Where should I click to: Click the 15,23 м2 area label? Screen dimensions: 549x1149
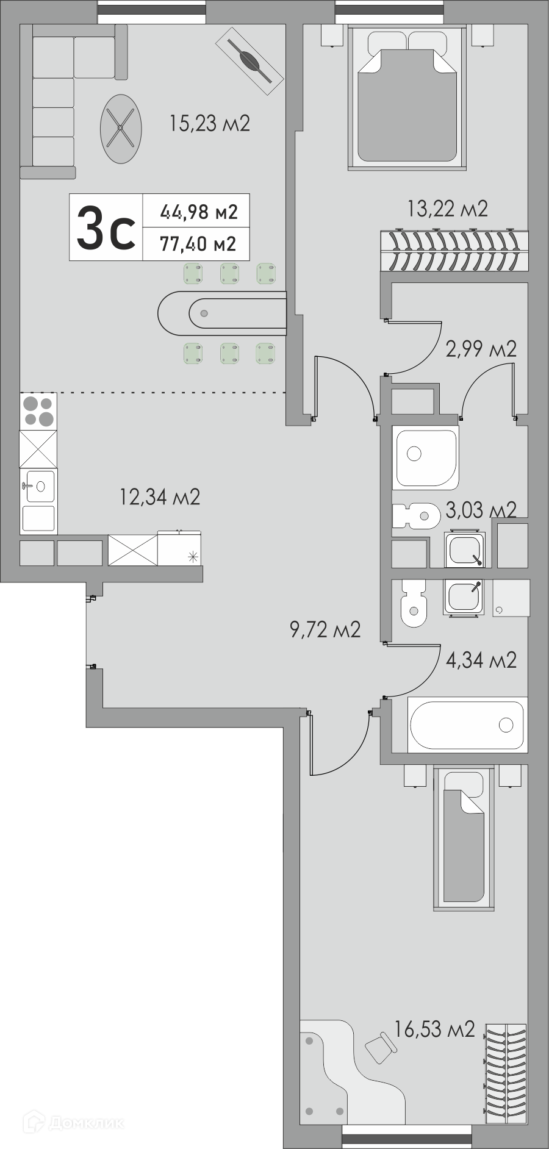pyautogui.click(x=210, y=124)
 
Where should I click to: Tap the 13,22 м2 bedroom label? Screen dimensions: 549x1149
pyautogui.click(x=448, y=209)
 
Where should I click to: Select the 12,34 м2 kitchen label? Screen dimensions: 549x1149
pyautogui.click(x=160, y=497)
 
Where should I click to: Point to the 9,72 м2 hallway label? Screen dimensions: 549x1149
pyautogui.click(x=325, y=629)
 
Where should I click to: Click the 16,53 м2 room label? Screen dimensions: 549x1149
pyautogui.click(x=434, y=1029)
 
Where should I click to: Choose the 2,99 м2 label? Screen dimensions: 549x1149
pyautogui.click(x=481, y=349)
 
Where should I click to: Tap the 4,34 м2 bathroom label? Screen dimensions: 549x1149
pyautogui.click(x=481, y=660)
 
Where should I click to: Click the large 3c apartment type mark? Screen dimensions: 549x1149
pyautogui.click(x=106, y=227)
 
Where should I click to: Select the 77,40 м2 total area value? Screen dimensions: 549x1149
pyautogui.click(x=198, y=244)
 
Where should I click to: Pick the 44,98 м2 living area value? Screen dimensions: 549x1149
pyautogui.click(x=199, y=212)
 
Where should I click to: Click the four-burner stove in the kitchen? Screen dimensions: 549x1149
pyautogui.click(x=38, y=412)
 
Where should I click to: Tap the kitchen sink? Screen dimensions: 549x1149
pyautogui.click(x=38, y=486)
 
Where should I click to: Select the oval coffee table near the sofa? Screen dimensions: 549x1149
pyautogui.click(x=121, y=129)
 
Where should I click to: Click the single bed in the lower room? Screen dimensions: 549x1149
pyautogui.click(x=464, y=839)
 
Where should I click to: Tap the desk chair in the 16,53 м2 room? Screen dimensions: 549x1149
pyautogui.click(x=380, y=1048)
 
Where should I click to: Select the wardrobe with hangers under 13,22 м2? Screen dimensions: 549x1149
pyautogui.click(x=454, y=250)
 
